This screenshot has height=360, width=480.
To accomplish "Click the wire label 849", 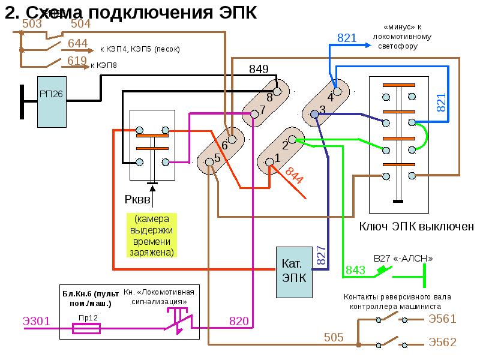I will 259,69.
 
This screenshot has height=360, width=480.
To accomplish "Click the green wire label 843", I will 355,271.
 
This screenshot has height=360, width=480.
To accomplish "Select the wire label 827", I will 320,256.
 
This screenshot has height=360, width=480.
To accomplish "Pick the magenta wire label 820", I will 239,321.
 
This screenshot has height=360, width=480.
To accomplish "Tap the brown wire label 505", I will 334,337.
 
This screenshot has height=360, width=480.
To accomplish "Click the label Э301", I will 36,321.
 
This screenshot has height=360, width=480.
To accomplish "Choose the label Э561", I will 442,319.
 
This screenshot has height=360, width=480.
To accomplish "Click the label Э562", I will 442,343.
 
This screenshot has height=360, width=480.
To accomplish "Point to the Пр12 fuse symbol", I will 86,328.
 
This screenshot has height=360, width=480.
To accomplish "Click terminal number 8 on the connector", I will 269,97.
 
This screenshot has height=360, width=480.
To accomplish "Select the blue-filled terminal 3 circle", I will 314,114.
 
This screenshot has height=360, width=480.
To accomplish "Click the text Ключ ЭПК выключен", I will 416,226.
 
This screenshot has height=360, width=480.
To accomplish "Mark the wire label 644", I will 78,43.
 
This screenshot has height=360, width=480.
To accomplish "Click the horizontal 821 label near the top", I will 347,38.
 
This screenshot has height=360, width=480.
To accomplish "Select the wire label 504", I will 81,23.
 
